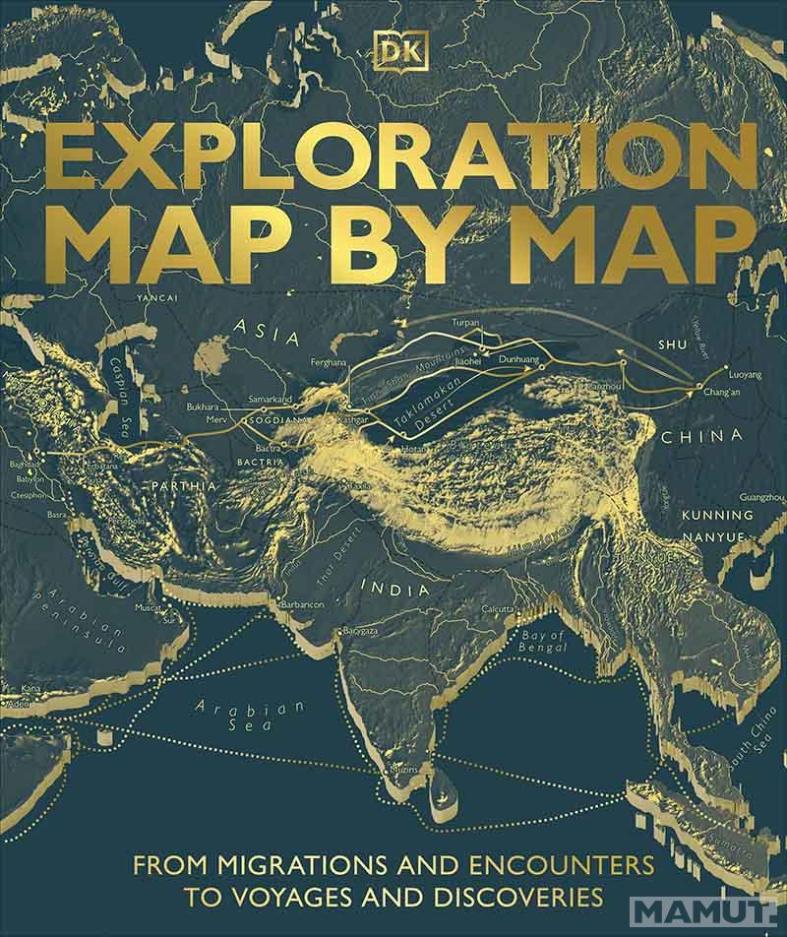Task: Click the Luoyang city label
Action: click(746, 375)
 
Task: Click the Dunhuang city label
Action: click(519, 361)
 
